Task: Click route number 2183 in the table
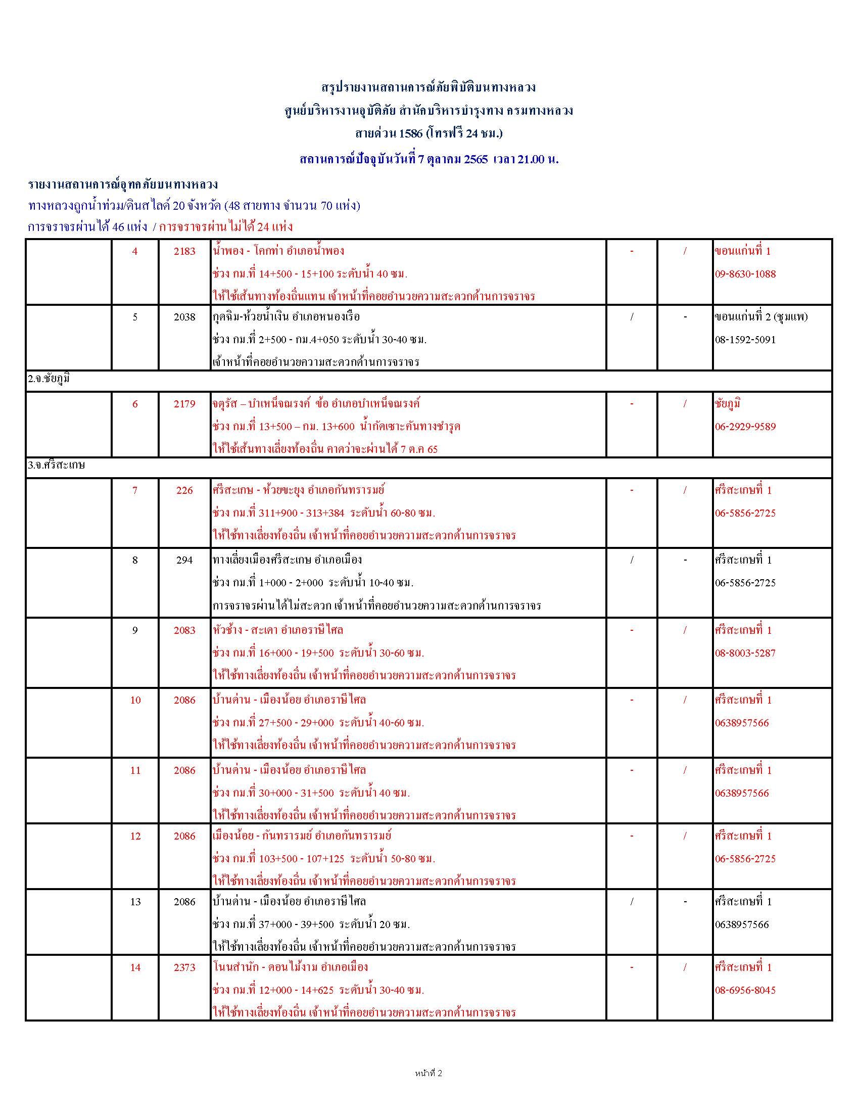tap(184, 251)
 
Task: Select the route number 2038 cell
tap(184, 317)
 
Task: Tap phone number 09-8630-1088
tap(745, 274)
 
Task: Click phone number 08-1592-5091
tap(745, 340)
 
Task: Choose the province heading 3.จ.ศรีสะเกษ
tap(57, 466)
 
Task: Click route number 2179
tap(184, 404)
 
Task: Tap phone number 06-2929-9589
tap(745, 427)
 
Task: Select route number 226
tap(184, 490)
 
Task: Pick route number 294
tap(184, 560)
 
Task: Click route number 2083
tap(184, 630)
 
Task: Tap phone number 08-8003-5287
tap(745, 653)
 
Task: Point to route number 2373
tap(184, 967)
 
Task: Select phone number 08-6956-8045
tap(745, 990)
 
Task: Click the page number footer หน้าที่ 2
tap(428, 1074)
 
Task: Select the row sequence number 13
tap(135, 902)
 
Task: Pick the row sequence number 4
tap(135, 251)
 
